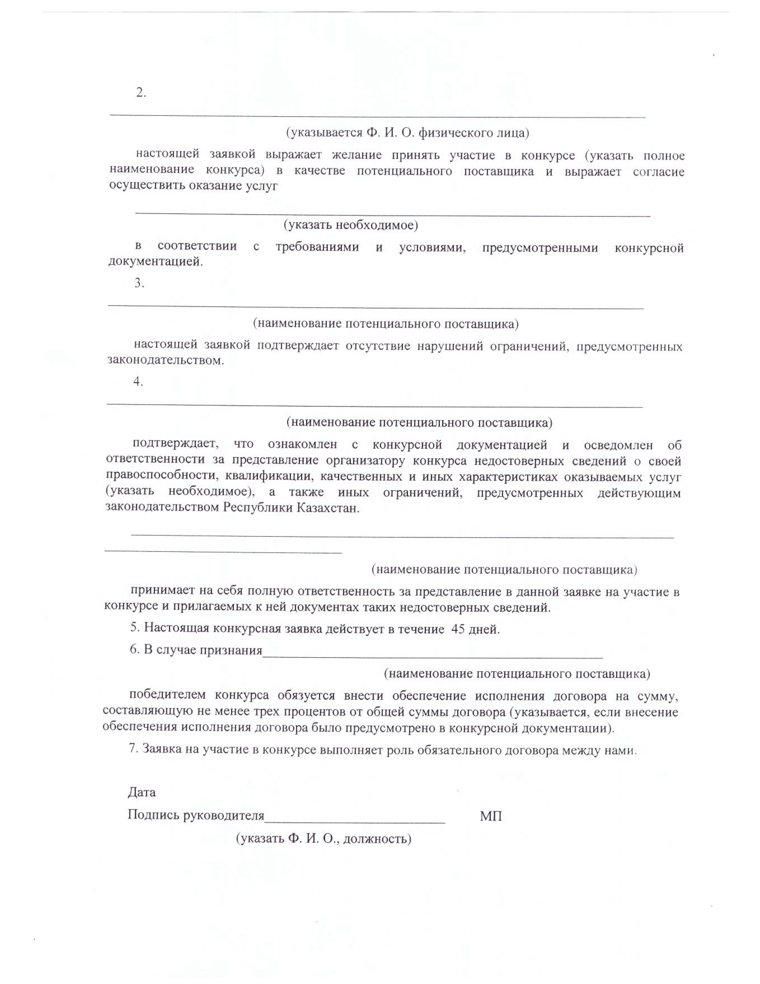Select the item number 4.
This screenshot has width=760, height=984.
138,382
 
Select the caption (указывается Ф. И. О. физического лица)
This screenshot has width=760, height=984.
407,133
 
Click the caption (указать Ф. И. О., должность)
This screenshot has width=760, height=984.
324,838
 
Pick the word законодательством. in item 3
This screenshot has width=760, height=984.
165,361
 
